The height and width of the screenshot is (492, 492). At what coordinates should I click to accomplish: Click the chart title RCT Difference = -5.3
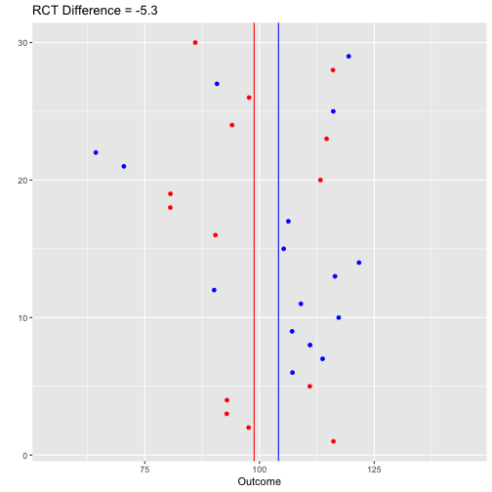pos(95,11)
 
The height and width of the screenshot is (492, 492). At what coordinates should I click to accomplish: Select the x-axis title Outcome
pos(260,481)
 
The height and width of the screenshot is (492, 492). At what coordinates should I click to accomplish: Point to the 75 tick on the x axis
pos(144,470)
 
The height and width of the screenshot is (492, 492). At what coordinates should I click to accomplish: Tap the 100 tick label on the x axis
pos(260,470)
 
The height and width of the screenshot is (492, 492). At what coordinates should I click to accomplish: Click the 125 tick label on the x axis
pos(374,470)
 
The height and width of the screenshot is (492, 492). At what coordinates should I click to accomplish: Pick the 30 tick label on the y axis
pos(22,43)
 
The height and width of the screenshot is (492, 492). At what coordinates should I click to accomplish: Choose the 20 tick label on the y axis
pos(22,181)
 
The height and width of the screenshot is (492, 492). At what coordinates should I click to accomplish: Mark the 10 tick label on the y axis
pos(22,318)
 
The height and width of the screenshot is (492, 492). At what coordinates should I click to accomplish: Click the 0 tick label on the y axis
pos(25,456)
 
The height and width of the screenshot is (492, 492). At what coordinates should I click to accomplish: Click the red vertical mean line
pos(254,242)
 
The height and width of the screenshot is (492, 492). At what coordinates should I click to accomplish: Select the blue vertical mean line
pos(278,242)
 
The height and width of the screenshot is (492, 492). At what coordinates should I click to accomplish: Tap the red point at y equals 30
pos(195,43)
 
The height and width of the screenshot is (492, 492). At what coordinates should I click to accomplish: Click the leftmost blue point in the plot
pos(96,152)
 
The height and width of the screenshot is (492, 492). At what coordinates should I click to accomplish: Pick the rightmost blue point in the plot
pos(359,263)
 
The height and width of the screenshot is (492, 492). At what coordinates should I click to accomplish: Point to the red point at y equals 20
pos(320,181)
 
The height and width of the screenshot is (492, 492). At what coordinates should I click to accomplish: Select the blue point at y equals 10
pos(339,317)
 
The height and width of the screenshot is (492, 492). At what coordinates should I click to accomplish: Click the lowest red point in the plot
pos(333,441)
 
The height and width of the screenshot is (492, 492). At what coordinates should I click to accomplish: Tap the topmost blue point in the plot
pos(348,57)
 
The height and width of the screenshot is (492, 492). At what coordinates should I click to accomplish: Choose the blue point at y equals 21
pos(124,167)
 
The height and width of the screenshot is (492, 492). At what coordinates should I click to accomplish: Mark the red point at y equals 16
pos(216,235)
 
